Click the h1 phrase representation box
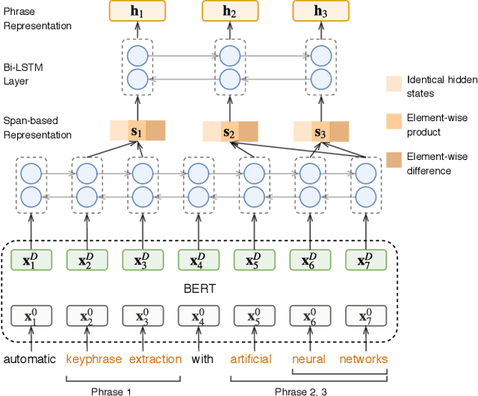(x=137, y=10)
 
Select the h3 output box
(x=321, y=10)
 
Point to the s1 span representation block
(x=137, y=130)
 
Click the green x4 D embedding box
(x=198, y=259)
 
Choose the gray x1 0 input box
(x=31, y=315)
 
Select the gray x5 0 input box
(x=253, y=315)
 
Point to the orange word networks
(x=364, y=359)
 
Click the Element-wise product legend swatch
(x=394, y=120)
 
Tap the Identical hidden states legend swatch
(x=394, y=82)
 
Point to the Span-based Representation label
(x=37, y=127)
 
